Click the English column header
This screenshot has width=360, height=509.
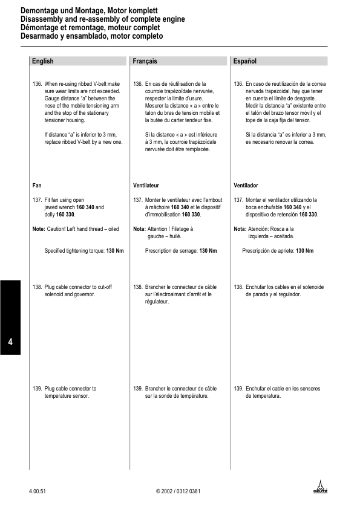(43, 61)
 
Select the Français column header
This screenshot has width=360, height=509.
(145, 61)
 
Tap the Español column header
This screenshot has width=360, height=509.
(245, 61)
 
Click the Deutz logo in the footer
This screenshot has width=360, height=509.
(319, 487)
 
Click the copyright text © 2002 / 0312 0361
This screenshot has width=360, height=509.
(178, 491)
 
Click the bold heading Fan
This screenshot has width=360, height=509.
(36, 185)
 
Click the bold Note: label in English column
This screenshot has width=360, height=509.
(39, 229)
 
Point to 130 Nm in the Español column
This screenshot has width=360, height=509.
(304, 250)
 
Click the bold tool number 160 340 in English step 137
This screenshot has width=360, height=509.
(85, 207)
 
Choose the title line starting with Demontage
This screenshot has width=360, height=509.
(90, 11)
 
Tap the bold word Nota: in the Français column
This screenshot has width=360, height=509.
(139, 229)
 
